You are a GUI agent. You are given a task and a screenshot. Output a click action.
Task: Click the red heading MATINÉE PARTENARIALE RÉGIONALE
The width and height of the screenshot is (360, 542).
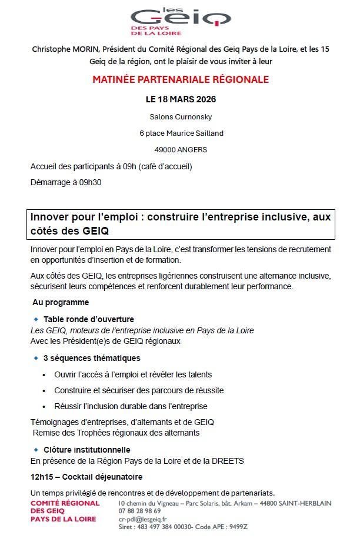tap(181, 79)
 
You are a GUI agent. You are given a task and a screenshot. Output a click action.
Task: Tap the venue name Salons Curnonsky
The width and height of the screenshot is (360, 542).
tap(181, 116)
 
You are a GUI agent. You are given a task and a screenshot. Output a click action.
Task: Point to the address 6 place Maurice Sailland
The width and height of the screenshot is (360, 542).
tap(181, 133)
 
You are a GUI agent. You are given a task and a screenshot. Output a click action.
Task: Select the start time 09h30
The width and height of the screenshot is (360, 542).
tap(90, 182)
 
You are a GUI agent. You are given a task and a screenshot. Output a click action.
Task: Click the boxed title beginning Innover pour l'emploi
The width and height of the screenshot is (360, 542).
tap(181, 224)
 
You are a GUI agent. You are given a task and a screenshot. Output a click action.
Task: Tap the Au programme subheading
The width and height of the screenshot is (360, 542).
tap(61, 302)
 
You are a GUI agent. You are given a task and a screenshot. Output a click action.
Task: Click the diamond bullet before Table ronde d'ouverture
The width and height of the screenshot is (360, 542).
tap(36, 319)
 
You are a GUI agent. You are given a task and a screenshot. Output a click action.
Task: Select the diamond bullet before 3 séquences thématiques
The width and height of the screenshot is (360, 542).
tap(36, 357)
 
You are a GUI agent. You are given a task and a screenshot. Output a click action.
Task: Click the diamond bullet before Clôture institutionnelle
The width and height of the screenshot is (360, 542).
tap(36, 450)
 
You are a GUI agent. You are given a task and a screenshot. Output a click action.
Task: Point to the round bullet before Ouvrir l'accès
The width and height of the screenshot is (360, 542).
tap(45, 374)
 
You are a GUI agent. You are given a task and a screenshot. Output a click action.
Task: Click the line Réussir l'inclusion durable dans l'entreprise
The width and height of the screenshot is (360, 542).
tap(131, 406)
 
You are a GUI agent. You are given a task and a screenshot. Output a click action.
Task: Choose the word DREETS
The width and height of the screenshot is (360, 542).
tap(230, 461)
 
